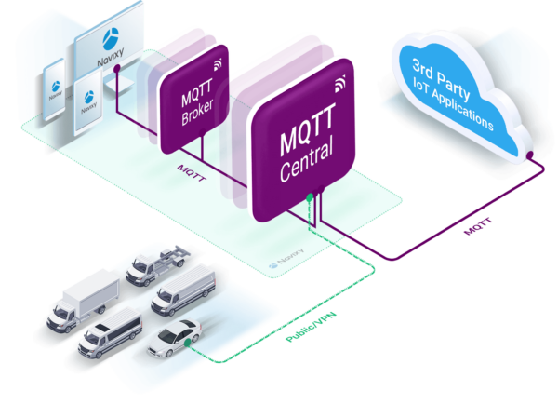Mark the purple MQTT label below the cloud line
click(x=478, y=225)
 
